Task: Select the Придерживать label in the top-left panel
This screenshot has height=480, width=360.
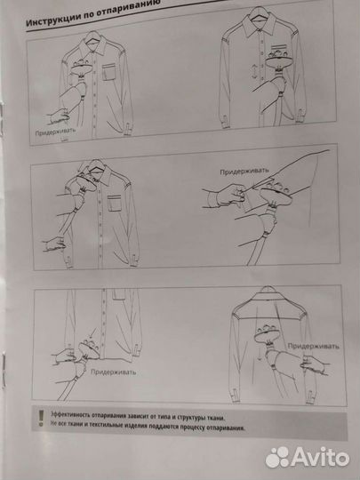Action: tap(55, 132)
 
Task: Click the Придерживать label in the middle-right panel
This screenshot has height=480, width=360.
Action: tap(244, 172)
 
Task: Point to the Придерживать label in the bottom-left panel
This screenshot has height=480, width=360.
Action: tap(113, 372)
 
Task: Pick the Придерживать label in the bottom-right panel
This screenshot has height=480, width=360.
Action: tap(313, 347)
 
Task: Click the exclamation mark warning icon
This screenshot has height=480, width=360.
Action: tap(41, 418)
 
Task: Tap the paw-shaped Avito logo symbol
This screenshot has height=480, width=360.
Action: tap(277, 458)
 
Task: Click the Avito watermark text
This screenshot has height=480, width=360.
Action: tap(320, 458)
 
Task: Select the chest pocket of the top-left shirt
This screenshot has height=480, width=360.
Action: tap(109, 72)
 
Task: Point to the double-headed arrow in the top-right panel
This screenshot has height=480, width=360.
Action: tap(254, 72)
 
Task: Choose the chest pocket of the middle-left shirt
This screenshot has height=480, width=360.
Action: tap(115, 203)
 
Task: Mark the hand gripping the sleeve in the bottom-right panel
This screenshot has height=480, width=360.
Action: tap(314, 364)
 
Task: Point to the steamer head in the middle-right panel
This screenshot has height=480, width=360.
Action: tap(276, 195)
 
